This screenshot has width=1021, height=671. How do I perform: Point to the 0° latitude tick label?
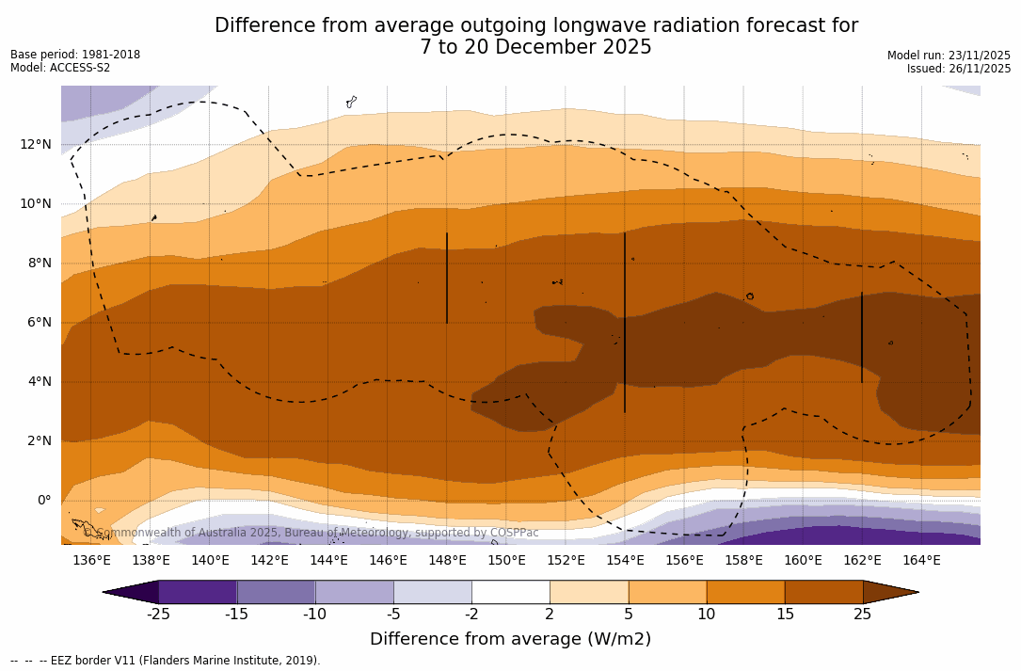[x=44, y=500]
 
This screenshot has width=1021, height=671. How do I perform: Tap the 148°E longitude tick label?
[x=447, y=561]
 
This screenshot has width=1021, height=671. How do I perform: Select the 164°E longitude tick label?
[x=921, y=561]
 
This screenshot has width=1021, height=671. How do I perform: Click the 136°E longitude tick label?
[x=91, y=561]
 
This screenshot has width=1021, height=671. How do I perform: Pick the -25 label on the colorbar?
[x=158, y=615]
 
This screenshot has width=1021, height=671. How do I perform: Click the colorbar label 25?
[x=862, y=615]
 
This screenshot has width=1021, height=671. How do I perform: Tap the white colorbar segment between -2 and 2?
[x=510, y=592]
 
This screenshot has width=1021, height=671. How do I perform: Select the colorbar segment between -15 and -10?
[x=276, y=592]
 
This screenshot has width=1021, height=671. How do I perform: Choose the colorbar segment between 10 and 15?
[x=745, y=592]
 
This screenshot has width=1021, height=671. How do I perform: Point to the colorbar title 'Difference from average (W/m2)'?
[x=510, y=640]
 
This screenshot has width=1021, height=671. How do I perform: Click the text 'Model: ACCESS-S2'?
[x=60, y=68]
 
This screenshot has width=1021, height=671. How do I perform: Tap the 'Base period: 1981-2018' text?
[x=75, y=55]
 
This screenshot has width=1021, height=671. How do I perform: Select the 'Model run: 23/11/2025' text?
[x=949, y=56]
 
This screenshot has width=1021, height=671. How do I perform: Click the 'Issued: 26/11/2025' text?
[x=959, y=69]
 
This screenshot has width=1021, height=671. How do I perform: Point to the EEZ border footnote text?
[x=166, y=661]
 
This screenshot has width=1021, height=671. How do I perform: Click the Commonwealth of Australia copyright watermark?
[x=311, y=533]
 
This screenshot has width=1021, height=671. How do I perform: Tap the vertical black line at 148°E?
[x=447, y=278]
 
